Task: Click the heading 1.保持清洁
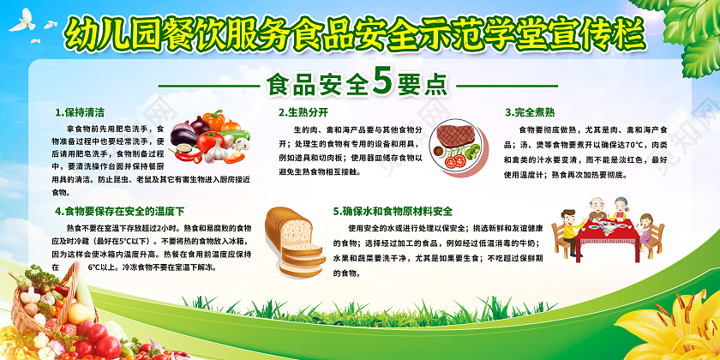[80, 111]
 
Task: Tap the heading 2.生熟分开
[303, 111]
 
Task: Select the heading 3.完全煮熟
[530, 111]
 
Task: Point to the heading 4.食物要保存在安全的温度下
[118, 210]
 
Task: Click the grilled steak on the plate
[454, 135]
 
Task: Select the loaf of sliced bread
[291, 236]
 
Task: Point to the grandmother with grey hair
[622, 206]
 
